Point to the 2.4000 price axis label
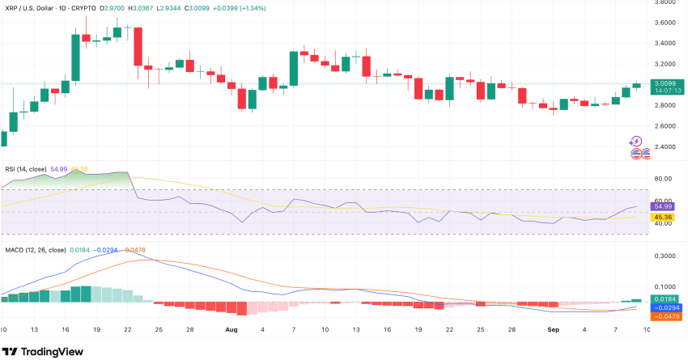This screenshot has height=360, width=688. (x=666, y=147)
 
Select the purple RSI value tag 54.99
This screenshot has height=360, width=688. (x=667, y=207)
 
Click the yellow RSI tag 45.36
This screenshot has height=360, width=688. (x=667, y=217)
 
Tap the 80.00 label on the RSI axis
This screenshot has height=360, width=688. (x=665, y=179)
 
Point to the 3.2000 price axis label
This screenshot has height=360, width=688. (x=666, y=64)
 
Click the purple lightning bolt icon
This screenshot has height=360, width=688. (x=635, y=141)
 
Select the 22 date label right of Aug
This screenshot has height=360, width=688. (x=449, y=330)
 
